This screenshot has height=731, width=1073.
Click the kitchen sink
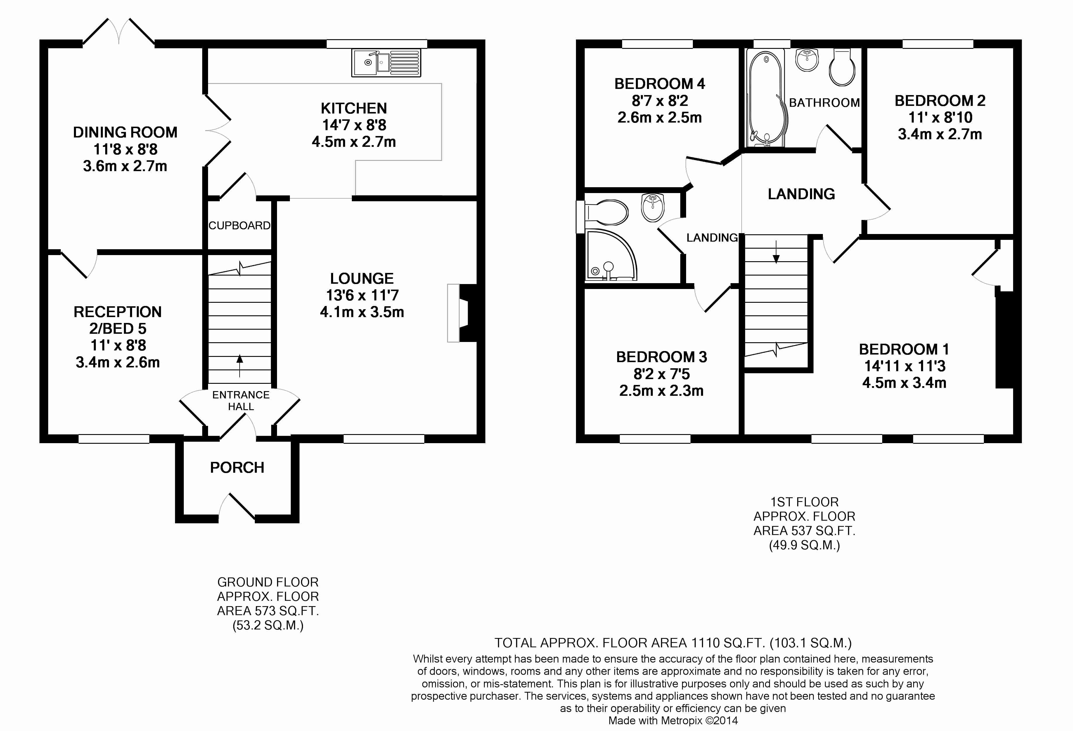(386, 63)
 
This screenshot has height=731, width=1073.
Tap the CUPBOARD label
(239, 226)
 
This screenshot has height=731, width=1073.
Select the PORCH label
(237, 468)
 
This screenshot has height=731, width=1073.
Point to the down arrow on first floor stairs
(776, 252)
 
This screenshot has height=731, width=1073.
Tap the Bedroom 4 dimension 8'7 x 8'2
(660, 101)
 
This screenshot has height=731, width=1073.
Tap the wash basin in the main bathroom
(807, 60)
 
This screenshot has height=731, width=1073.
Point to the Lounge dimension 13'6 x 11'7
(362, 295)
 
